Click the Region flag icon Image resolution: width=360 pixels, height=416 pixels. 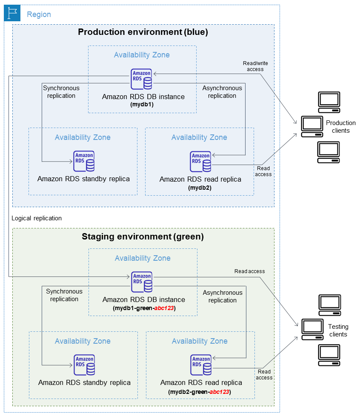(x=12, y=14)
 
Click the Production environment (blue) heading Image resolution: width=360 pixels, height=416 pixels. (x=143, y=32)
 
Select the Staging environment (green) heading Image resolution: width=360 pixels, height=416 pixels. (x=143, y=236)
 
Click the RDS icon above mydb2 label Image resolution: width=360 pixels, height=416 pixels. (x=200, y=162)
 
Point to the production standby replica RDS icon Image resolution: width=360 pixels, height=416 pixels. (x=84, y=162)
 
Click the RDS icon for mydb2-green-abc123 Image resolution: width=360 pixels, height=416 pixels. (x=201, y=365)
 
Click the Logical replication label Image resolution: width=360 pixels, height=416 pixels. (x=37, y=218)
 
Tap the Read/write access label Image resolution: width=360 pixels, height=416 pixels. (x=255, y=66)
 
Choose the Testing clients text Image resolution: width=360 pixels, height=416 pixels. (x=338, y=331)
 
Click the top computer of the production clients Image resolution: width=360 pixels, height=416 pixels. (x=329, y=102)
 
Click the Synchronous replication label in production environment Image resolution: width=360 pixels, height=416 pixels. (x=61, y=92)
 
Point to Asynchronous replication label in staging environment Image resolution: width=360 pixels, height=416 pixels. (x=222, y=296)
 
